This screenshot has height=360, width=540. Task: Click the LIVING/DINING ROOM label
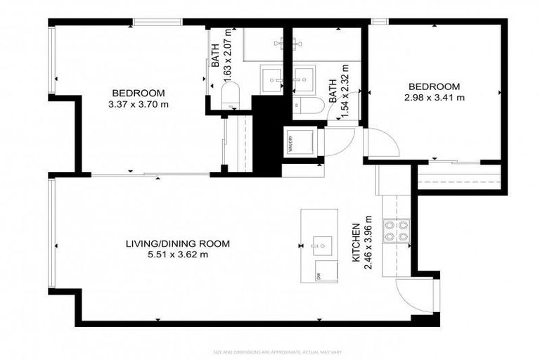coord(177,244)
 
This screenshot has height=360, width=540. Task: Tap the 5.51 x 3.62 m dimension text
coord(177,255)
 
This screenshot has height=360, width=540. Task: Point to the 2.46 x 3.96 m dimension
coord(367,245)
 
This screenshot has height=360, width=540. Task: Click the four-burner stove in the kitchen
coord(396,231)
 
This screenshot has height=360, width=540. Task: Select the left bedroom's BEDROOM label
coord(138,94)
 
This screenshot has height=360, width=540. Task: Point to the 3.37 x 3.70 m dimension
coord(138,105)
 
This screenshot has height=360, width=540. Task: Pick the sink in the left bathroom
coord(271,77)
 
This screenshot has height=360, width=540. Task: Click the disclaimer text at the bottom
coord(270,352)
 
